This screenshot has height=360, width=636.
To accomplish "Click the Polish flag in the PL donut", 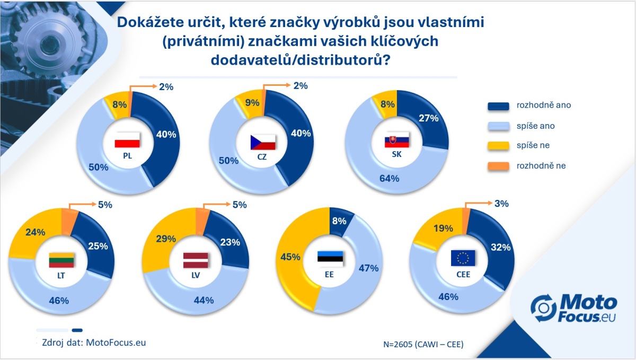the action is click(x=127, y=140).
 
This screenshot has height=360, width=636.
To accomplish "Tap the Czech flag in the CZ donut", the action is click(x=263, y=142).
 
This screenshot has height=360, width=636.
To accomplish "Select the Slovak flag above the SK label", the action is click(x=396, y=140).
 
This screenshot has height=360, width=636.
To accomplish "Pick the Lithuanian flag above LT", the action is click(x=61, y=260).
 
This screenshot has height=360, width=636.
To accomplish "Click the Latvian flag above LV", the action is click(x=196, y=260).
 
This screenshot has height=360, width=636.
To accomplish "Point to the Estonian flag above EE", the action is click(x=330, y=259).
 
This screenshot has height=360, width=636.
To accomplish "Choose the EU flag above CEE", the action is click(x=463, y=258).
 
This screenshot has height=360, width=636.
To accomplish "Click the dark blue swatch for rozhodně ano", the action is click(x=498, y=106).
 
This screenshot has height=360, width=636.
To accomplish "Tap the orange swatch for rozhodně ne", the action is click(x=498, y=166).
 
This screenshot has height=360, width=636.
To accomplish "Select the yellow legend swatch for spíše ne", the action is click(x=498, y=146).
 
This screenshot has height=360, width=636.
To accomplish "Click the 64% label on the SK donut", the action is click(x=389, y=179).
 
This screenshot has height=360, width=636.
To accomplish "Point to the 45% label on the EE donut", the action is click(x=290, y=257).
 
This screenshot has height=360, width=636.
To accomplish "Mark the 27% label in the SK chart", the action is click(x=428, y=118).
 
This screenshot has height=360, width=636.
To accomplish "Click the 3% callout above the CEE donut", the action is click(x=501, y=204).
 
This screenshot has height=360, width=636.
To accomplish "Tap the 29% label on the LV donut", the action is click(x=166, y=239).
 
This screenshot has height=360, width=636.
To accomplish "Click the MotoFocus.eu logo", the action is click(x=573, y=309).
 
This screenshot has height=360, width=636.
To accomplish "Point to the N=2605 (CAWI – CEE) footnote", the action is click(x=423, y=345).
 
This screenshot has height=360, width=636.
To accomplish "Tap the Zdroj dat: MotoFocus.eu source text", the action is click(x=94, y=343).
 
